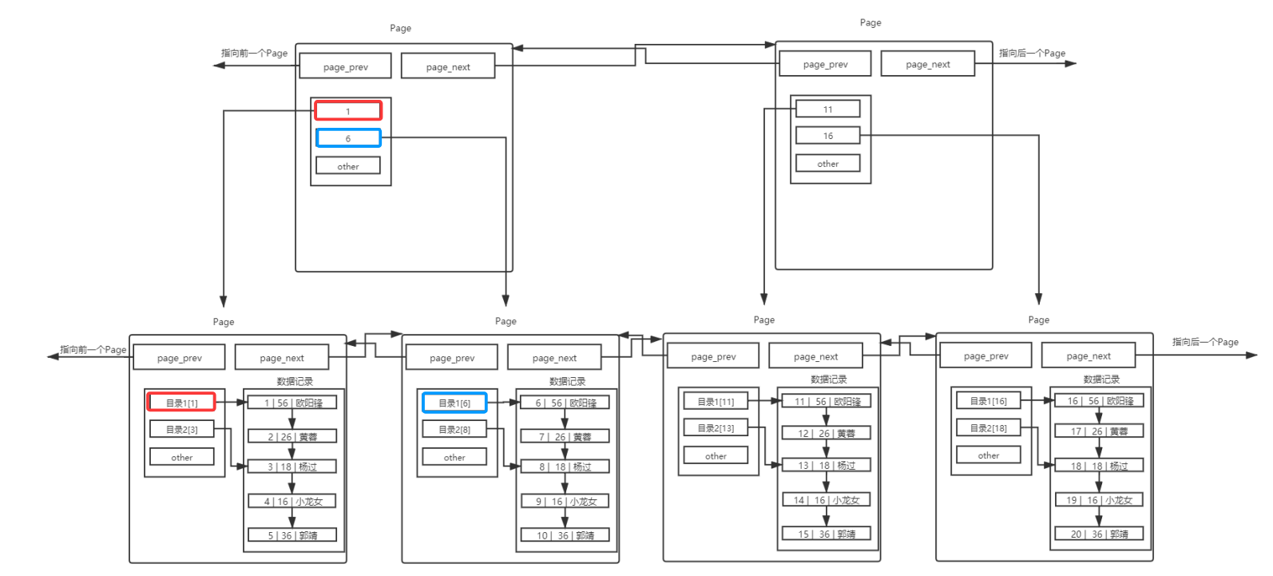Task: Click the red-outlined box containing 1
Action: pyautogui.click(x=347, y=111)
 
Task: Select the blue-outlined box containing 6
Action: pyautogui.click(x=347, y=138)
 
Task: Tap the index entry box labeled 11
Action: pyautogui.click(x=827, y=109)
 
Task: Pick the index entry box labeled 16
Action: pyautogui.click(x=827, y=136)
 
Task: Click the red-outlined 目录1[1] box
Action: pyautogui.click(x=181, y=403)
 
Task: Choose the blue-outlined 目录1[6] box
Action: pyautogui.click(x=454, y=403)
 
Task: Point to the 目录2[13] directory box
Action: pyautogui.click(x=715, y=428)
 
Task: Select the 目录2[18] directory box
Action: pyautogui.click(x=988, y=428)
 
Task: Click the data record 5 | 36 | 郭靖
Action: pyautogui.click(x=292, y=535)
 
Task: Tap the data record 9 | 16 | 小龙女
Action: pyautogui.click(x=565, y=502)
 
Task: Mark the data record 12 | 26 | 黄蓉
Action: pyautogui.click(x=826, y=433)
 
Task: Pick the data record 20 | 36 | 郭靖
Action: pyautogui.click(x=1099, y=534)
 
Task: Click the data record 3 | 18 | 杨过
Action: pyautogui.click(x=292, y=467)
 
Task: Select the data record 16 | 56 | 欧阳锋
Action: pyautogui.click(x=1099, y=401)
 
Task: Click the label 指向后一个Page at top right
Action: pyautogui.click(x=1032, y=53)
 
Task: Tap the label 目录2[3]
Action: pyautogui.click(x=181, y=429)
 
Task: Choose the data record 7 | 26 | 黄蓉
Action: pyautogui.click(x=565, y=437)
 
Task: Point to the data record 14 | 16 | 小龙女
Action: pyautogui.click(x=826, y=500)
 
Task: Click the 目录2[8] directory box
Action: pyautogui.click(x=454, y=429)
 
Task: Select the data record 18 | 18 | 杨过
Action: pyautogui.click(x=1099, y=466)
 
